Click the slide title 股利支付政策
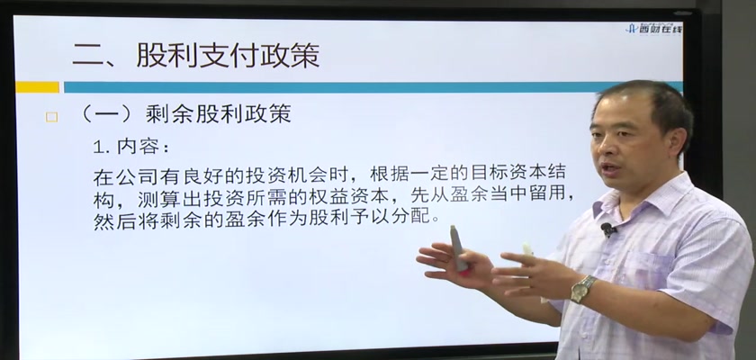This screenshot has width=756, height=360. [x=228, y=56]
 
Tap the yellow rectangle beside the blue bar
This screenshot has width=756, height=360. [x=37, y=87]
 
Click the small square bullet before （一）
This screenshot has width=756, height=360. [x=51, y=117]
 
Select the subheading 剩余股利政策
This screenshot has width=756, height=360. [x=218, y=114]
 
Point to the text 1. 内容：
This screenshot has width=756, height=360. [x=131, y=148]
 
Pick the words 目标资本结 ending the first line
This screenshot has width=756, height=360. [x=517, y=175]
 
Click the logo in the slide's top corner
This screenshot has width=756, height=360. [x=654, y=29]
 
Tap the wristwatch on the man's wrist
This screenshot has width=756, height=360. [x=582, y=289]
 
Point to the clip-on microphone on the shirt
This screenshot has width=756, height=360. [x=607, y=229]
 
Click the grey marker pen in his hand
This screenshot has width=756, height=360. [x=458, y=249]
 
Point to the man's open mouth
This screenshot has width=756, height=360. [x=612, y=169]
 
